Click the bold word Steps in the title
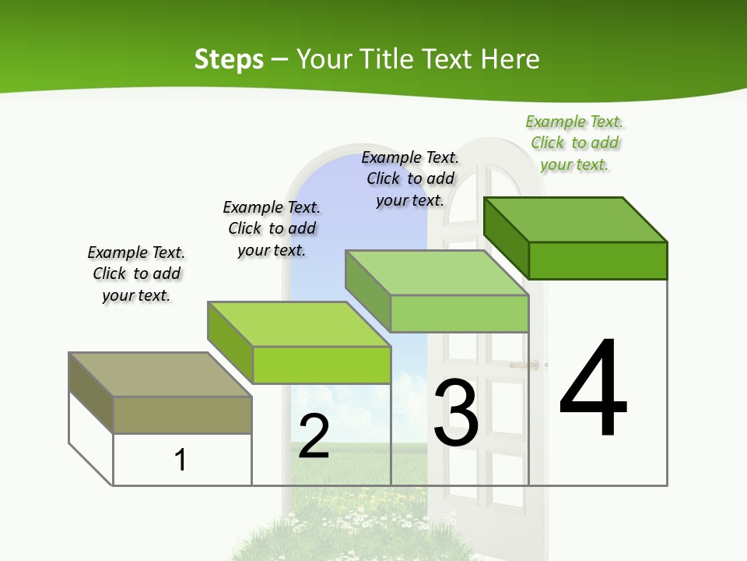(x=229, y=59)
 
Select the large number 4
(x=593, y=390)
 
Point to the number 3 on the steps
(x=456, y=413)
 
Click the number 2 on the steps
(x=314, y=436)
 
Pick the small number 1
(x=181, y=460)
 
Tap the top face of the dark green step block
(x=576, y=219)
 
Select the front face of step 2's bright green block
(x=321, y=365)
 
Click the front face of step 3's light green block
(x=459, y=313)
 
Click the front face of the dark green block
(x=598, y=260)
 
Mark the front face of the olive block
(x=183, y=415)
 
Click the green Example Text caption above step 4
(x=574, y=143)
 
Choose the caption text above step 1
(x=136, y=273)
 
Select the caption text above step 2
(x=272, y=228)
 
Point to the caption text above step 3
(x=410, y=178)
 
